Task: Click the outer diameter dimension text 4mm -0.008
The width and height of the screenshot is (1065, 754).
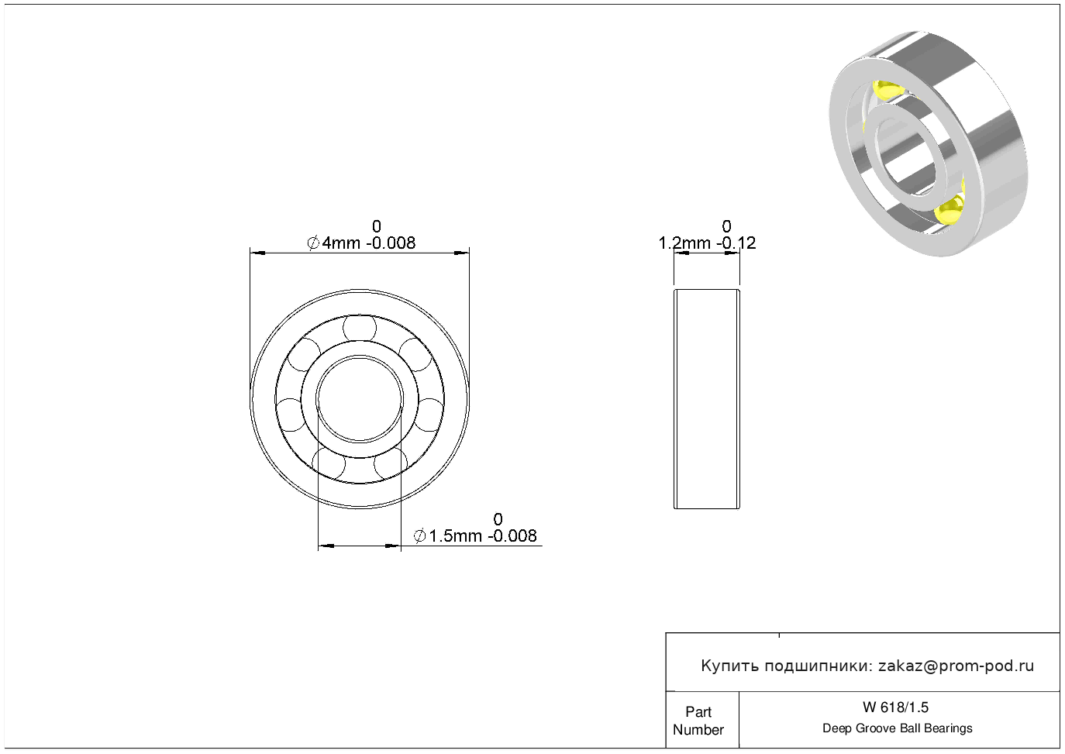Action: click(368, 243)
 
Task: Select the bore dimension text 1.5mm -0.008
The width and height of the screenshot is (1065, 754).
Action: click(483, 536)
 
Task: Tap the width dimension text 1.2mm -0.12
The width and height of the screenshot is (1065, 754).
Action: click(707, 243)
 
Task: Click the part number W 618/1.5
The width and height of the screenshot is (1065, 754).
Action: click(895, 708)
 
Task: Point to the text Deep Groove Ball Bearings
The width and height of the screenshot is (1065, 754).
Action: click(897, 728)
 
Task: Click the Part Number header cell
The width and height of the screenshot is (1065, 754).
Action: click(698, 721)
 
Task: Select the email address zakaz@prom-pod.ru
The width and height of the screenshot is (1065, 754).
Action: click(956, 666)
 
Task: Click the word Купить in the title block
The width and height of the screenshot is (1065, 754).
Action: click(730, 666)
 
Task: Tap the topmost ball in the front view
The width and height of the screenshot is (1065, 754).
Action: click(360, 328)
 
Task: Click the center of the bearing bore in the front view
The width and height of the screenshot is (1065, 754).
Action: click(360, 399)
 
